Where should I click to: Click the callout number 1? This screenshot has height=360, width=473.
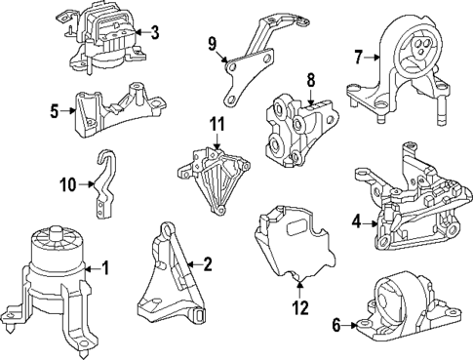106,267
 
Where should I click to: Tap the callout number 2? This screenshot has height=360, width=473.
206,263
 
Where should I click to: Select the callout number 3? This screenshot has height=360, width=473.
154,32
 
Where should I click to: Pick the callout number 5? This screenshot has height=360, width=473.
56,111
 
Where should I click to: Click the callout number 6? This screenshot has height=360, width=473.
336,326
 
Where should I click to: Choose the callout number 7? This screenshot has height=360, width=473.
359,58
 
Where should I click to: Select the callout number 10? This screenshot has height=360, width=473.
67,182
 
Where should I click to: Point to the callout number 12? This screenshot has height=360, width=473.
299,307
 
